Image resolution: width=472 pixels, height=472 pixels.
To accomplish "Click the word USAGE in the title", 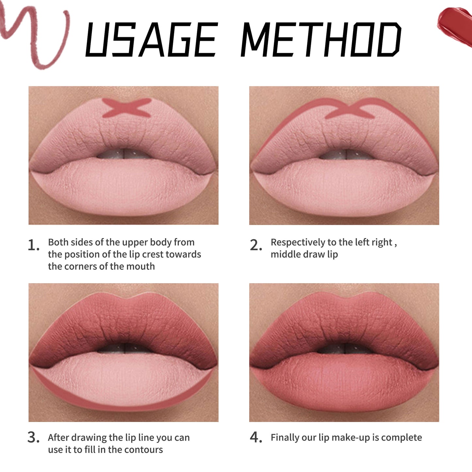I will point(151,40).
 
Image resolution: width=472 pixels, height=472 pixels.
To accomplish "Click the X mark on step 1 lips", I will point(127,108).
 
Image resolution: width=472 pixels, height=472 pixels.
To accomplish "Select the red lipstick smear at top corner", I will point(456,24).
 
